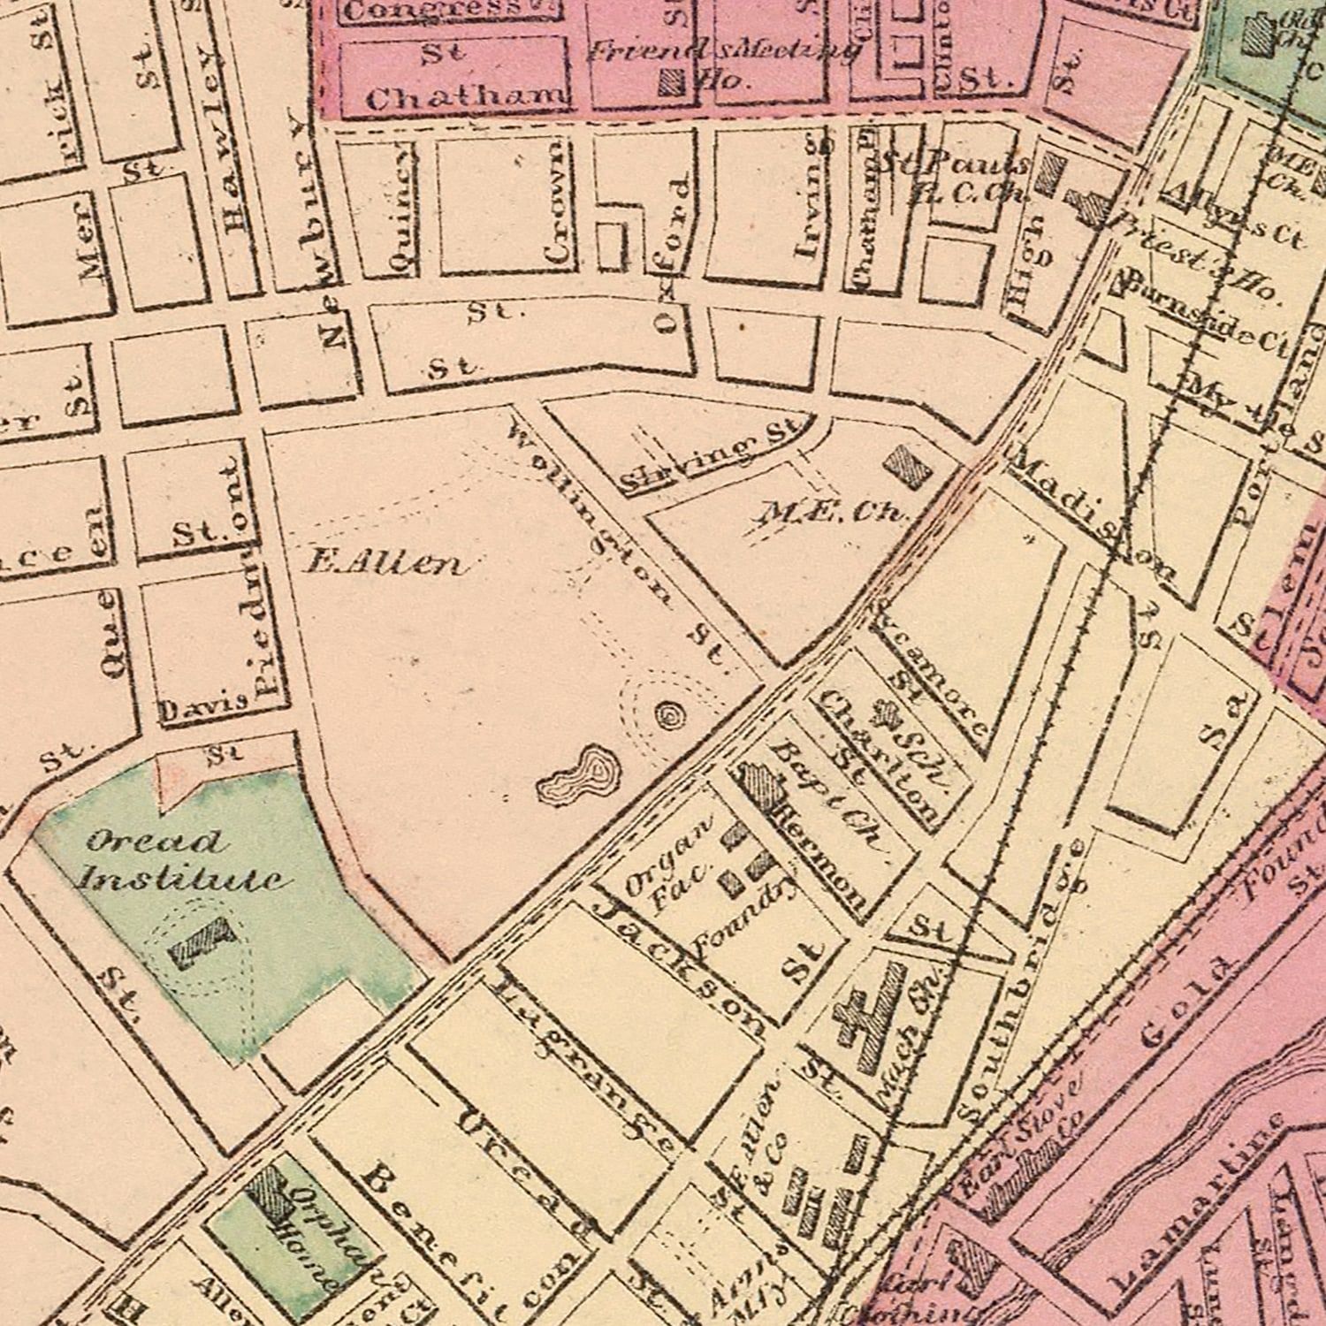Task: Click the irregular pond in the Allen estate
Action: (580, 775)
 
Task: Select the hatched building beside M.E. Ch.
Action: (908, 464)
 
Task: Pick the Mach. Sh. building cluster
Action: (871, 1017)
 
